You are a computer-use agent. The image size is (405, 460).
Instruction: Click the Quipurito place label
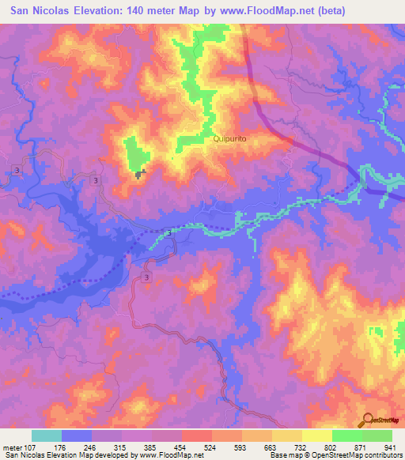(229, 138)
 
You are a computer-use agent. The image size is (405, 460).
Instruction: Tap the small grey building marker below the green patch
(141, 175)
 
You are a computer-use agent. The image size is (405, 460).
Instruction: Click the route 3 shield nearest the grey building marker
(96, 181)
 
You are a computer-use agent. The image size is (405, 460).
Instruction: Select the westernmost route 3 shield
(17, 171)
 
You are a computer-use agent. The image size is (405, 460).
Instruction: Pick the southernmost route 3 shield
(147, 277)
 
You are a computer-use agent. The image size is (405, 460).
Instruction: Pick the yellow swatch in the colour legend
(316, 436)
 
